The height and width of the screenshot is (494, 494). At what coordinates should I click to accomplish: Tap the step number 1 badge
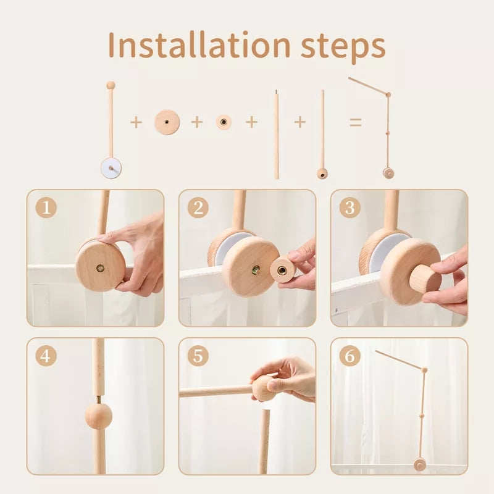click(46, 208)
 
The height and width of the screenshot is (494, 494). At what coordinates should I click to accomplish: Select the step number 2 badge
click(198, 208)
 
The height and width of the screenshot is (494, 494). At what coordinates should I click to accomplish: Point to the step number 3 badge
click(350, 208)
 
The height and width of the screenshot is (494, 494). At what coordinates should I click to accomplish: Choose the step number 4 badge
click(46, 356)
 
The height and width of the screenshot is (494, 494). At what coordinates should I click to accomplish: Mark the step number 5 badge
click(198, 356)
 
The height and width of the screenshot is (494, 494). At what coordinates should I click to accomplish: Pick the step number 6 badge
click(350, 356)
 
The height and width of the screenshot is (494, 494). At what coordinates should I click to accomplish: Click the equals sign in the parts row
click(355, 122)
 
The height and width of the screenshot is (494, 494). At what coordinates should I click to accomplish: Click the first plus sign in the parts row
click(136, 122)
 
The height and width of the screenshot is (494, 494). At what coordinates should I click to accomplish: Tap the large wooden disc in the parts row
click(166, 122)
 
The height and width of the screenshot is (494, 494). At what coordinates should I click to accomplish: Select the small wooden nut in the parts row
click(224, 122)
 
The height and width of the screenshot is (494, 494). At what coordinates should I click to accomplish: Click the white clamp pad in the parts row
click(112, 167)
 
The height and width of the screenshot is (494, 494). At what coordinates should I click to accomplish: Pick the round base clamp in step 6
click(420, 465)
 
